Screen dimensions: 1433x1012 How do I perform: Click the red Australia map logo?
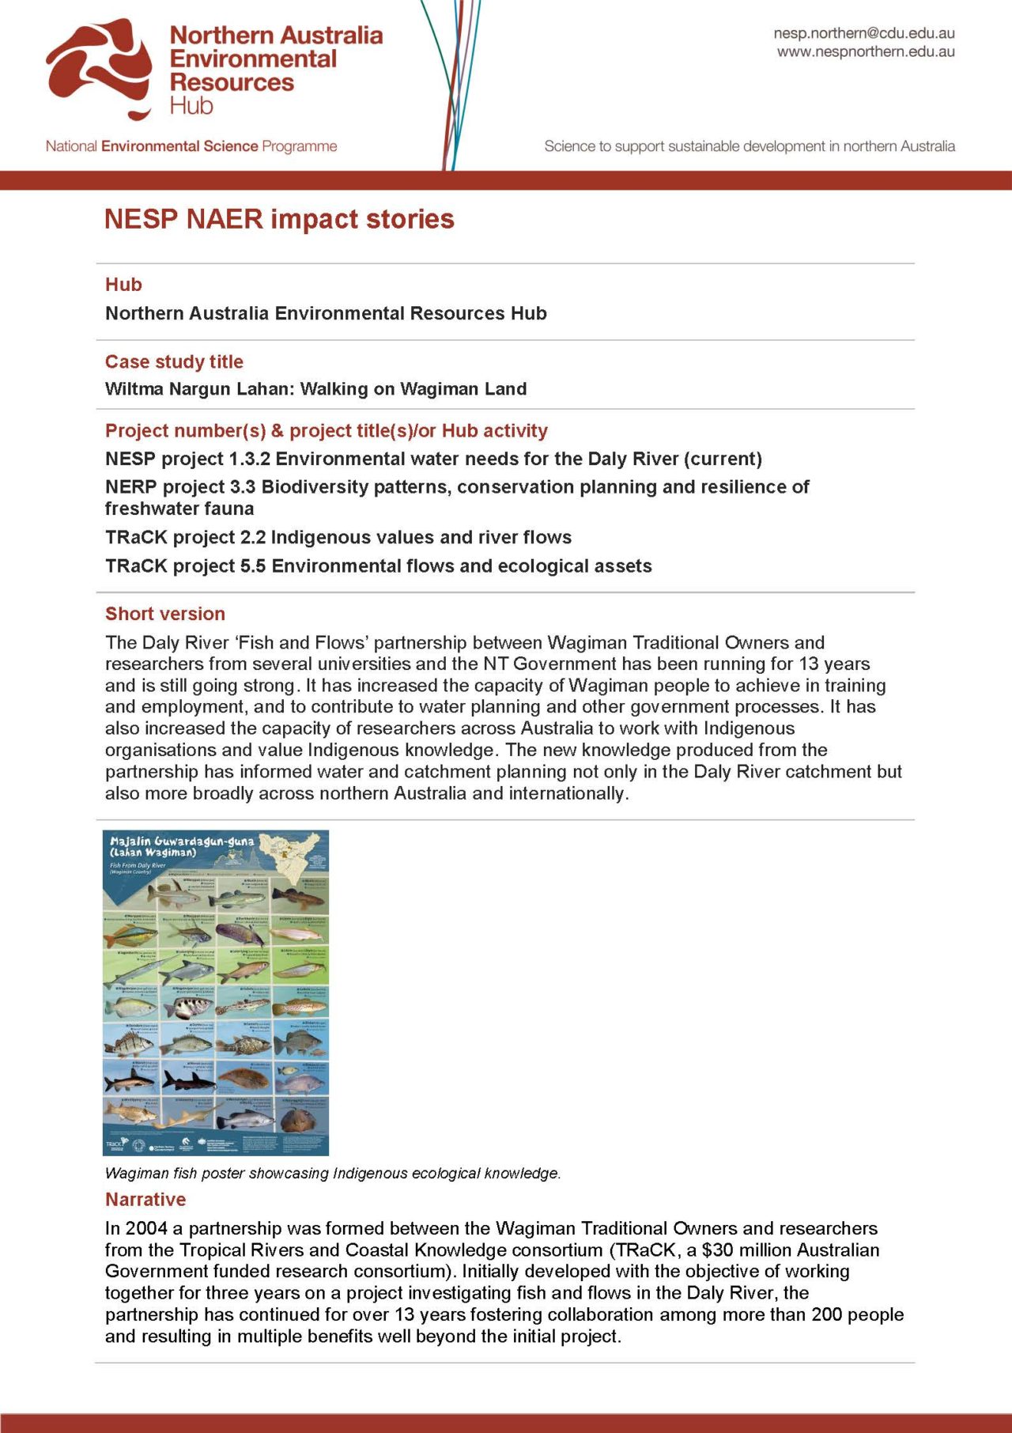pyautogui.click(x=100, y=68)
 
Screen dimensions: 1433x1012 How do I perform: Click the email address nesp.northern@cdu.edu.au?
pyautogui.click(x=863, y=33)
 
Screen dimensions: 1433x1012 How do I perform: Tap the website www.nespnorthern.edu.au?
pyautogui.click(x=865, y=52)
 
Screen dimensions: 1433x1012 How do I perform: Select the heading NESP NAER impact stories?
pyautogui.click(x=279, y=219)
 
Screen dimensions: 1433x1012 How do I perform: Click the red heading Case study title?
pyautogui.click(x=174, y=361)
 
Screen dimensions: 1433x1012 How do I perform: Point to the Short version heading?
pyautogui.click(x=164, y=614)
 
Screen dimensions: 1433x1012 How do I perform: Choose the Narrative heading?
pyautogui.click(x=145, y=1199)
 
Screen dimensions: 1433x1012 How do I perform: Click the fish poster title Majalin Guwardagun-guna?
pyautogui.click(x=182, y=841)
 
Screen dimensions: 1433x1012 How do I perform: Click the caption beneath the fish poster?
pyautogui.click(x=332, y=1173)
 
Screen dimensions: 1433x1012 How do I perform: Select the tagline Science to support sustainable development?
pyautogui.click(x=749, y=146)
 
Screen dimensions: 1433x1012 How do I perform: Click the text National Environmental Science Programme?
pyautogui.click(x=191, y=146)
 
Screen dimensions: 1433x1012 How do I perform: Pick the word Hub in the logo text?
pyautogui.click(x=191, y=105)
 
